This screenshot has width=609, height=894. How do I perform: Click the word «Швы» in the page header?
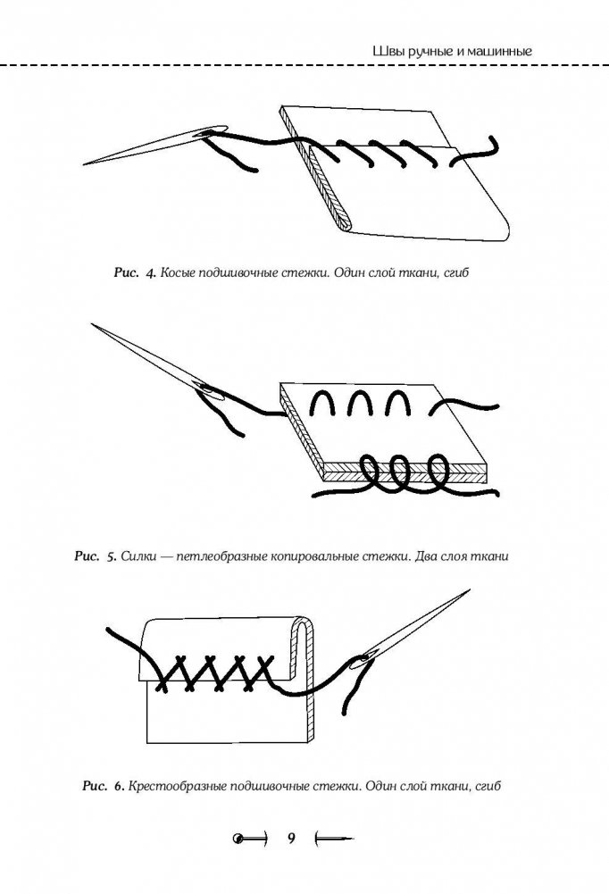pyautogui.click(x=386, y=53)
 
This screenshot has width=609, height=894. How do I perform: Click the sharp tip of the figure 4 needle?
pyautogui.click(x=84, y=163)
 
